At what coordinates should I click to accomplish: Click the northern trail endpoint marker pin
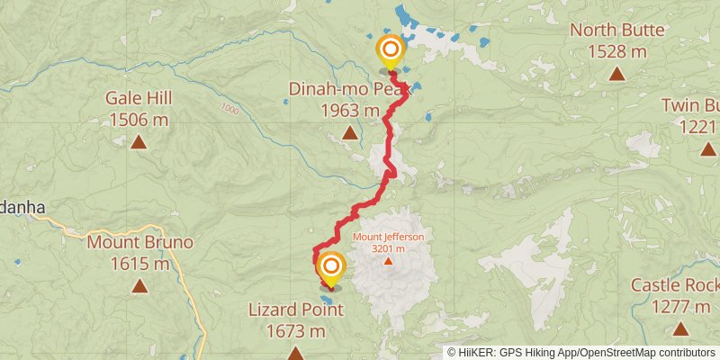[391, 49]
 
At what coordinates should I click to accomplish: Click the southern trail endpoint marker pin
[331, 267]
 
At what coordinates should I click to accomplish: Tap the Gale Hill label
[139, 98]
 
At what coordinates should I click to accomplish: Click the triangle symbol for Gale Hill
[139, 141]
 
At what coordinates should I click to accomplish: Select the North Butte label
[617, 30]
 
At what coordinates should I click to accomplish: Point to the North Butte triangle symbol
[617, 73]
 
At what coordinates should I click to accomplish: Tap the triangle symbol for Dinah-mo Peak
[349, 134]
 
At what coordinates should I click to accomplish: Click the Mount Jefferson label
[387, 238]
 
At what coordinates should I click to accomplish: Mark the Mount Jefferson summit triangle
[388, 262]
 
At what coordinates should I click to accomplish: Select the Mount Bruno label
[139, 242]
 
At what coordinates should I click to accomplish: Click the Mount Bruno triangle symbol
[139, 285]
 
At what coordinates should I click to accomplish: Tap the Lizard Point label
[295, 310]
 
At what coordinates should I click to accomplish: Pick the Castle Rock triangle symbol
[680, 329]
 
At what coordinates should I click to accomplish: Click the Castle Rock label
[674, 285]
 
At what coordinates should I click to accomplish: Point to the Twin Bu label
[690, 105]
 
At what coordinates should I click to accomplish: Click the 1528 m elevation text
[617, 51]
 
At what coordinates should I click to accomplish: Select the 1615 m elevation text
[139, 264]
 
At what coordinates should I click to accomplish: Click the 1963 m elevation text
[350, 110]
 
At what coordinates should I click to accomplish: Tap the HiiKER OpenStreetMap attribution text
[583, 352]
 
